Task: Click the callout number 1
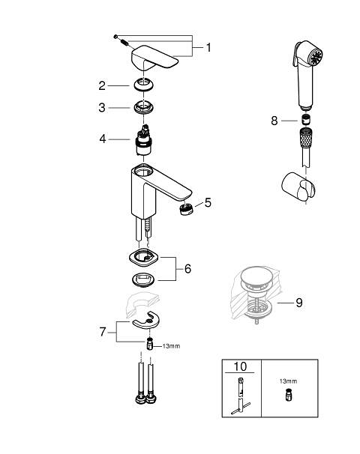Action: tap(208, 48)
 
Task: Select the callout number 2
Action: tap(102, 85)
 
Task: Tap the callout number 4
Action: tap(103, 139)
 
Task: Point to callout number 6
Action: tap(187, 269)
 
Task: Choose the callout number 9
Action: tap(299, 303)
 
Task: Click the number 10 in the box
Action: tap(240, 366)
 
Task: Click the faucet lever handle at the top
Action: tap(154, 58)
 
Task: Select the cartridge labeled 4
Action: tap(144, 140)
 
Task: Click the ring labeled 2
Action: tap(144, 85)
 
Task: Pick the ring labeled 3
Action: tap(144, 107)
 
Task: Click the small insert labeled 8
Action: tap(306, 119)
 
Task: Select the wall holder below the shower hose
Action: tap(298, 187)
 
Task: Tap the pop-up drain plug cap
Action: tap(256, 276)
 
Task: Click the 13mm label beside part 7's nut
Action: tap(171, 346)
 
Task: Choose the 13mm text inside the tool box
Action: tap(288, 381)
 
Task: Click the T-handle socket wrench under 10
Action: tap(241, 396)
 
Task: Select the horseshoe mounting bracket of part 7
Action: tap(145, 320)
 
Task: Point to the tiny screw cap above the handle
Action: tap(115, 37)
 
